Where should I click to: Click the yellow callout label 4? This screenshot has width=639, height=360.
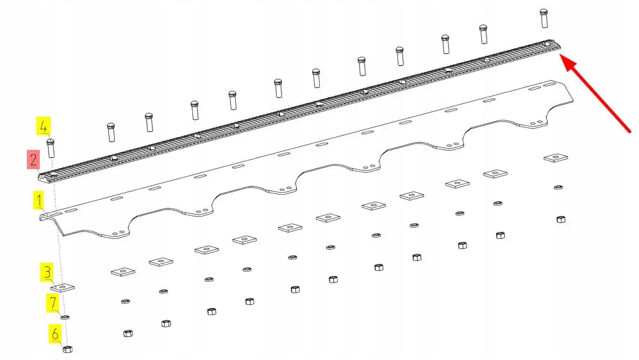(43, 126)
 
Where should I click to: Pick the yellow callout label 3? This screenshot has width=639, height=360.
(47, 273)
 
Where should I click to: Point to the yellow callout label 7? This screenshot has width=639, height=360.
(54, 302)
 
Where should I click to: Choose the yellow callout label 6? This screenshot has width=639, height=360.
(54, 334)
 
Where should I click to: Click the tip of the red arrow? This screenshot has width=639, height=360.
(562, 57)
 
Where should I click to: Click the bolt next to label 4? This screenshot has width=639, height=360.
(51, 148)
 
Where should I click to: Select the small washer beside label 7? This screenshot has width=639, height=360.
(65, 316)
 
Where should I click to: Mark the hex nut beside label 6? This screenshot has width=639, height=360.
(68, 349)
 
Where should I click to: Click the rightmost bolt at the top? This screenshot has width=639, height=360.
(544, 17)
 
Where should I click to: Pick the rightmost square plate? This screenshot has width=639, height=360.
(556, 158)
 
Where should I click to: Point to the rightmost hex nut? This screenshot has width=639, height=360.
(561, 219)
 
